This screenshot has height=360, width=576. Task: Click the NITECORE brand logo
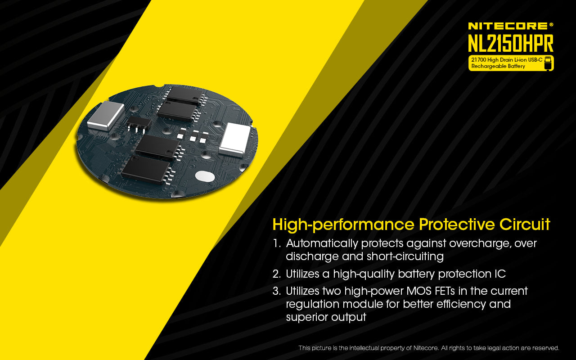510,26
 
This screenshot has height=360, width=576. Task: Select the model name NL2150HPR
510,43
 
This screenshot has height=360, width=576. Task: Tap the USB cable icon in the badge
548,63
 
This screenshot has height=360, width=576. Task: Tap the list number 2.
276,274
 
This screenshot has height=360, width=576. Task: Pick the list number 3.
276,291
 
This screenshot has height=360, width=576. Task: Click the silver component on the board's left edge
106,115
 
